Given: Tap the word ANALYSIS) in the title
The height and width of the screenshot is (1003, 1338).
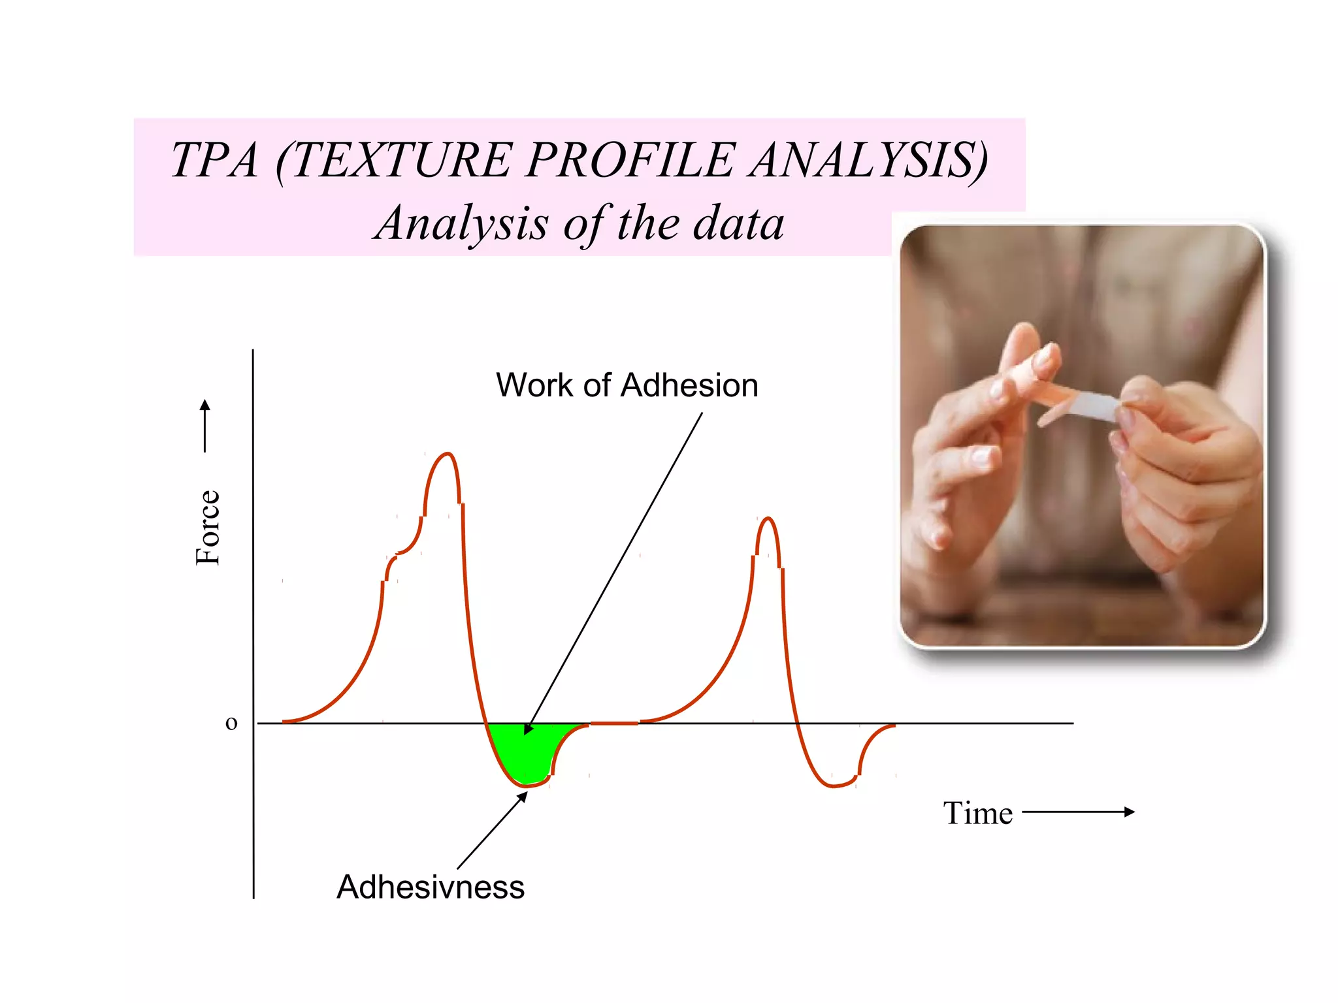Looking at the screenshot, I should [869, 160].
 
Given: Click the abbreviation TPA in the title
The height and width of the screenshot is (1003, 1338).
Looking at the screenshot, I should [214, 160].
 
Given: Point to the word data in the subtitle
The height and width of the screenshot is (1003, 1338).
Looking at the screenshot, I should [738, 223].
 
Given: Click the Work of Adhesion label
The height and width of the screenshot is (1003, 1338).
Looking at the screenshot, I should [627, 385].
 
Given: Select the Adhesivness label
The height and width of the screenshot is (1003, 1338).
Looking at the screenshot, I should [431, 887].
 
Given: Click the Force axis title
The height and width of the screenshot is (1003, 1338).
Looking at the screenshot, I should [208, 528].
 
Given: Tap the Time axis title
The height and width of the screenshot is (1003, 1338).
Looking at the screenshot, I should [977, 814].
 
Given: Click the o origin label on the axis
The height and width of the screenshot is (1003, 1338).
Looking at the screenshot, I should [231, 723].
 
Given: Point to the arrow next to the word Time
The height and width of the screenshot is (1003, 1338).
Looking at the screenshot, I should [1078, 812].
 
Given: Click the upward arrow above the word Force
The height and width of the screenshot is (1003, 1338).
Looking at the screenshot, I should [205, 424].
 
